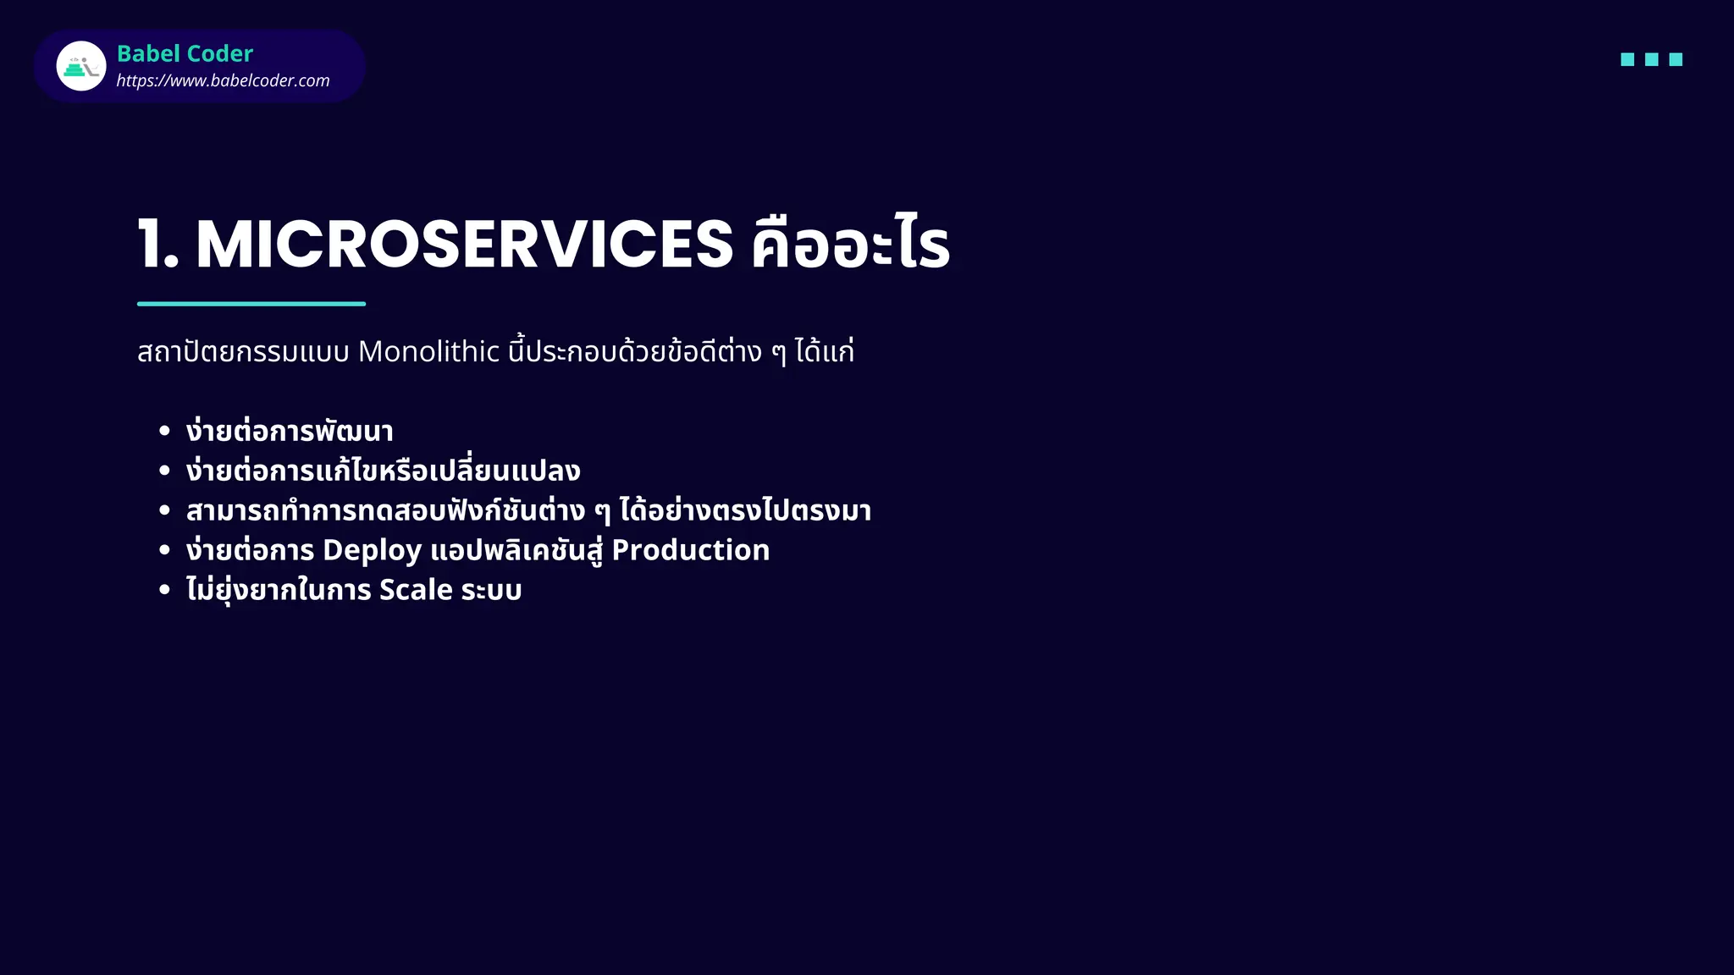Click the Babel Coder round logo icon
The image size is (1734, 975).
click(x=81, y=66)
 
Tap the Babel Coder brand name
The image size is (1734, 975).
click(x=185, y=53)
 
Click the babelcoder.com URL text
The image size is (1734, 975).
click(x=223, y=80)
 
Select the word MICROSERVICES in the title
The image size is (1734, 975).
click(x=464, y=245)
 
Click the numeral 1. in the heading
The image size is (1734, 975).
click(x=158, y=245)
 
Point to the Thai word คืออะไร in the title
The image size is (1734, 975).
click(x=850, y=245)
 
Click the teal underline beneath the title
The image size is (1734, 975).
click(x=251, y=303)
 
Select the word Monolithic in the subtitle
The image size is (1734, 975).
click(x=428, y=351)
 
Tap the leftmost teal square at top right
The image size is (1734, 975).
click(x=1627, y=59)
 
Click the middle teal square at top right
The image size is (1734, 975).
click(x=1651, y=59)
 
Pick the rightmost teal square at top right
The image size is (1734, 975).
click(x=1676, y=59)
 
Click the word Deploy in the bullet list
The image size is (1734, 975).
click(x=372, y=551)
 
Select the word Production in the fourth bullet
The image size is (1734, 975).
click(x=690, y=550)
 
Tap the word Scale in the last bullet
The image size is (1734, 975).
click(x=416, y=590)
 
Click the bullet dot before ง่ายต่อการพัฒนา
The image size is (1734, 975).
click(x=164, y=432)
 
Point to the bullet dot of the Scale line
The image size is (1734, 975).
click(x=164, y=590)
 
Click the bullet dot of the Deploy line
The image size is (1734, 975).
click(x=164, y=550)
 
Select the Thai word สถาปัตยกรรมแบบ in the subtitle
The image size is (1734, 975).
click(x=243, y=351)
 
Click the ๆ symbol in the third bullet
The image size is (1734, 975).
click(x=602, y=512)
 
